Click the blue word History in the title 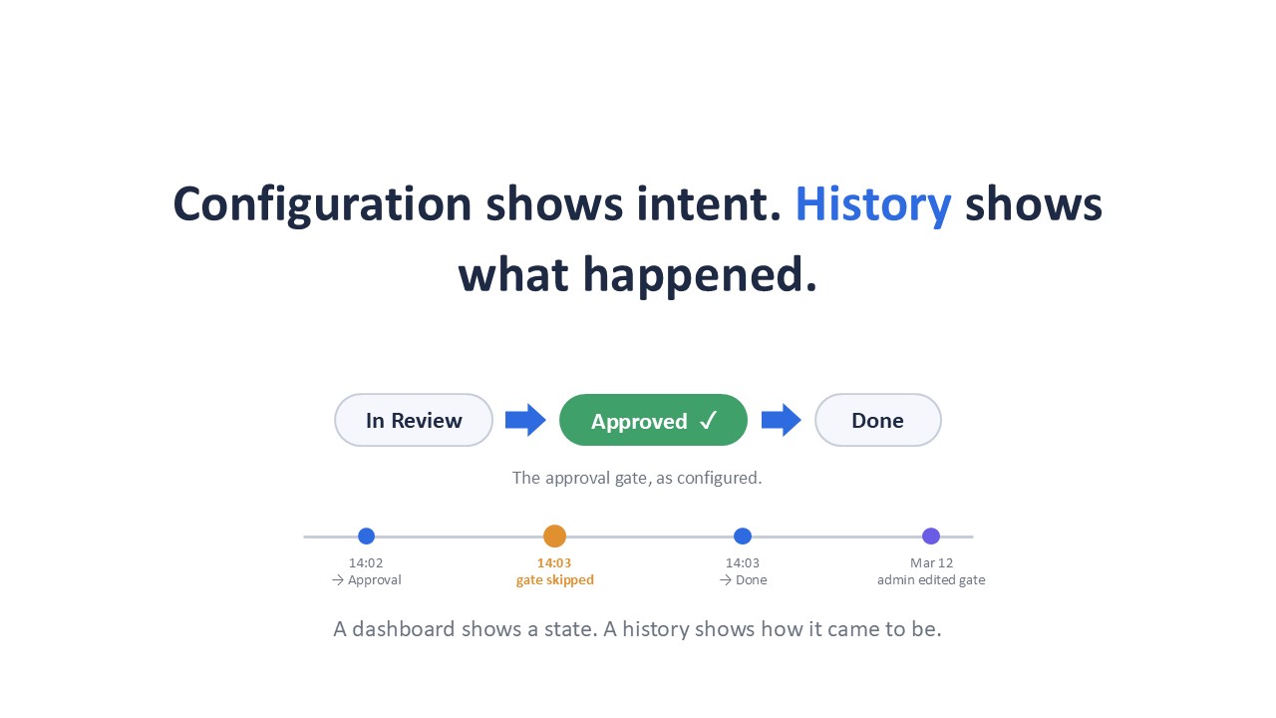click(872, 204)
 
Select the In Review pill click(414, 420)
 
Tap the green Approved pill click(653, 420)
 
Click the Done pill click(878, 420)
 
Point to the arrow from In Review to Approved click(525, 420)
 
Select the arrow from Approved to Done click(781, 420)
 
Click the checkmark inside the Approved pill click(709, 421)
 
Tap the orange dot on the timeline click(554, 537)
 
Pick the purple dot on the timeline click(931, 537)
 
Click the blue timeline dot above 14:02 click(366, 537)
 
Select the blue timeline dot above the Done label click(743, 537)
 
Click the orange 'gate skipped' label click(555, 580)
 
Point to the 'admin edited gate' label click(931, 580)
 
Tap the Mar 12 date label click(931, 563)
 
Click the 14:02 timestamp click(366, 563)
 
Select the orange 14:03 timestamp click(554, 563)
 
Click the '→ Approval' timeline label click(366, 580)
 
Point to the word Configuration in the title click(322, 204)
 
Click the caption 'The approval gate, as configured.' click(637, 478)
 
